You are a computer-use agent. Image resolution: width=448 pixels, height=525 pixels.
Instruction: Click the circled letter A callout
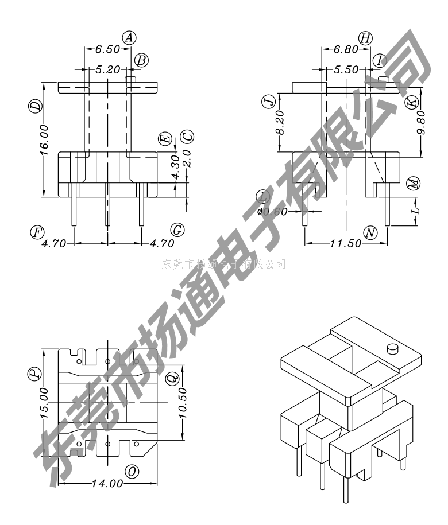pyautogui.click(x=130, y=38)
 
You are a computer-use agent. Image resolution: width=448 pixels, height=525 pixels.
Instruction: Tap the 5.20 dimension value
pyautogui.click(x=107, y=69)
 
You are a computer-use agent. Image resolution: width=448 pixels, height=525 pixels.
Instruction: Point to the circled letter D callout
pyautogui.click(x=36, y=106)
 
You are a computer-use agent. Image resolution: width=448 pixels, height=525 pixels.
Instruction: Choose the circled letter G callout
pyautogui.click(x=177, y=230)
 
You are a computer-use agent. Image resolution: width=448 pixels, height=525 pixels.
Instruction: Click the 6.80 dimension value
pyautogui.click(x=346, y=50)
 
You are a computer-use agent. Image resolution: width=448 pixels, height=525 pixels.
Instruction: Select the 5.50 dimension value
pyautogui.click(x=346, y=69)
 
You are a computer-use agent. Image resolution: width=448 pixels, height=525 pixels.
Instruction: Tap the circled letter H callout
pyautogui.click(x=365, y=38)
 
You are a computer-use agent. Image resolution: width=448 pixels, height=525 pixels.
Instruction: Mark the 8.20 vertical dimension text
pyautogui.click(x=280, y=123)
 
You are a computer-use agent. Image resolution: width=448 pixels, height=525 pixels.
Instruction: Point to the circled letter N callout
pyautogui.click(x=370, y=232)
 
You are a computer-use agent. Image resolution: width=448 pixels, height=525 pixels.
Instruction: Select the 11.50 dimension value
pyautogui.click(x=345, y=243)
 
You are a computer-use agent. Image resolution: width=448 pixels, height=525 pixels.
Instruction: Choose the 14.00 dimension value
pyautogui.click(x=108, y=483)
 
